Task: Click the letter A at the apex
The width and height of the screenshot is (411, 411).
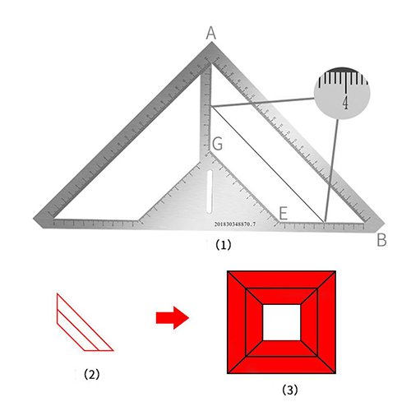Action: click(x=211, y=33)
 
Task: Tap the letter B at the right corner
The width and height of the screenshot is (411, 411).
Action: click(x=381, y=240)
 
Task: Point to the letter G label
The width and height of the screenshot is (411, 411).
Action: click(x=217, y=144)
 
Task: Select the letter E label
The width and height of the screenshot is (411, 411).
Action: click(x=284, y=213)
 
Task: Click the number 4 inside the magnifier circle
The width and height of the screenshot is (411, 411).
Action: click(x=346, y=103)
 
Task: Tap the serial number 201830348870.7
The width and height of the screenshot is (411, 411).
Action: click(x=235, y=224)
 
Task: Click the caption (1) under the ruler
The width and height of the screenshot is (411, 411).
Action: click(x=224, y=245)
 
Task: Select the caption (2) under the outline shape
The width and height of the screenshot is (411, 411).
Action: click(x=92, y=374)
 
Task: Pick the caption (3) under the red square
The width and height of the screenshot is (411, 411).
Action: click(x=290, y=390)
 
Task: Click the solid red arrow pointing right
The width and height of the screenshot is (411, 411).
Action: click(x=173, y=318)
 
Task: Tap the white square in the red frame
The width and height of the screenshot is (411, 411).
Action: click(x=282, y=322)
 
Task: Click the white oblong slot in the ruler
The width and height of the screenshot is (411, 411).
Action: click(x=210, y=192)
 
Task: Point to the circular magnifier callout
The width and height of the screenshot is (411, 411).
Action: click(x=342, y=93)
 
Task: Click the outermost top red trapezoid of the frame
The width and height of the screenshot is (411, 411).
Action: click(x=282, y=279)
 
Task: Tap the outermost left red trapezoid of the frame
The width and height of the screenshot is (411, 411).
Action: click(x=237, y=322)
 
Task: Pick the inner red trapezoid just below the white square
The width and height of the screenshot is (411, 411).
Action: click(x=282, y=349)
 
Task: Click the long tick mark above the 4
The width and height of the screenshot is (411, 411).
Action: click(x=347, y=82)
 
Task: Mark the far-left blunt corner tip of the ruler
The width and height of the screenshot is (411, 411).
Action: click(x=34, y=219)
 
